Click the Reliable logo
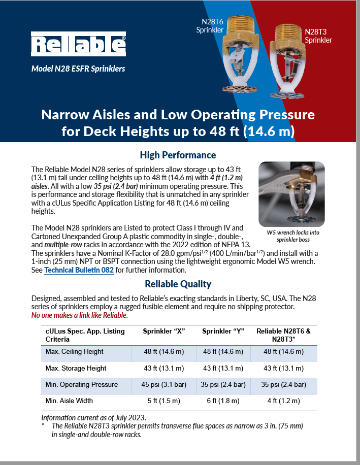(x=78, y=44)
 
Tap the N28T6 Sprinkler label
(x=210, y=26)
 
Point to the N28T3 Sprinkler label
(x=318, y=36)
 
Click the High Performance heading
(x=178, y=155)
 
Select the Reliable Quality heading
(x=178, y=284)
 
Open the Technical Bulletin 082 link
(x=79, y=270)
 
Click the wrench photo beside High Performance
(x=291, y=194)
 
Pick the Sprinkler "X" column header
(x=163, y=331)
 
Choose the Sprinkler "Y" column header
(x=223, y=331)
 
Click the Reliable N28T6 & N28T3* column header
(x=284, y=335)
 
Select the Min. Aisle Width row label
(x=69, y=401)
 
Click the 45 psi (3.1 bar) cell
(x=163, y=384)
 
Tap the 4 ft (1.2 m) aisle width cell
(x=284, y=401)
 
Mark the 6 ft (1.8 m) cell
(x=223, y=401)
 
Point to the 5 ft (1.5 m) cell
(x=163, y=401)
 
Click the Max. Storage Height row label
(x=76, y=368)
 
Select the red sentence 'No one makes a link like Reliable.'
(x=80, y=315)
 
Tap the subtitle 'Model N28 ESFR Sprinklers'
(x=78, y=69)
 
